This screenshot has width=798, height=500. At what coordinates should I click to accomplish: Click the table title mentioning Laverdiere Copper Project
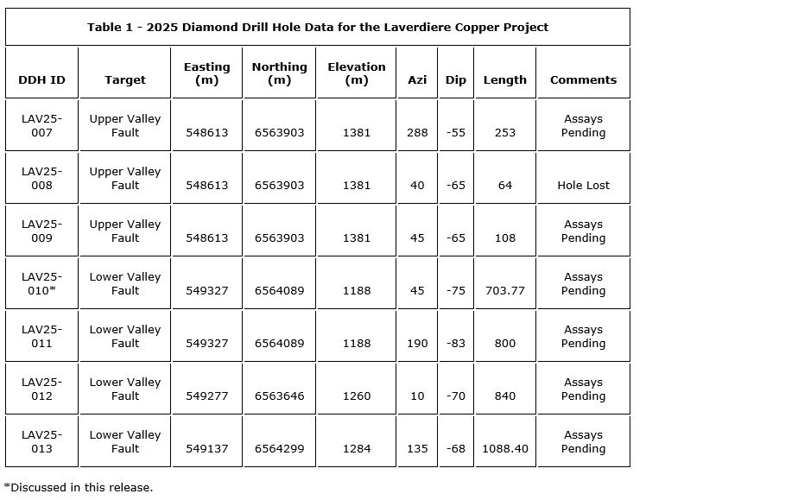[317, 27]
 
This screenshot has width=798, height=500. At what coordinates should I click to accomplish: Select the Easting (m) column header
[206, 73]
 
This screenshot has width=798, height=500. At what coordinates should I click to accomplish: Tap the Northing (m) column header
[279, 73]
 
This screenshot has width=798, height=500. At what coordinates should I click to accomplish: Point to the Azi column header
[417, 79]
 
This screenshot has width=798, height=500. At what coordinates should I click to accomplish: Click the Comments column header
[583, 79]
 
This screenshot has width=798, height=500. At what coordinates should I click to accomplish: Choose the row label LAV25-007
[41, 126]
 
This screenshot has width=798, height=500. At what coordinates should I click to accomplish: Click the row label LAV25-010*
[41, 284]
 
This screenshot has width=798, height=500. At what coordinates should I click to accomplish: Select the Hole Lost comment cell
[583, 186]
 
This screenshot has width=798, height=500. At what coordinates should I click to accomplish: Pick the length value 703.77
[505, 291]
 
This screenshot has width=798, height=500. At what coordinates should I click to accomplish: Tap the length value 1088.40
[505, 449]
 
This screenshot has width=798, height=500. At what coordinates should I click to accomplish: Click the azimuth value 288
[417, 133]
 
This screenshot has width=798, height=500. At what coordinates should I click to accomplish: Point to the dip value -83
[456, 344]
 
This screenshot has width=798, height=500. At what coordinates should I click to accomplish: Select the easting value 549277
[206, 396]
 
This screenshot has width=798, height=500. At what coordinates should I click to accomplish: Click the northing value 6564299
[279, 449]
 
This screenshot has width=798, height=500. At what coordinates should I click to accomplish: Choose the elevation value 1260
[356, 396]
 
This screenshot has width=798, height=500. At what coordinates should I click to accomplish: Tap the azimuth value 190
[417, 344]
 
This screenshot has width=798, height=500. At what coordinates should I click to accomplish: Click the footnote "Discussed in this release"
[79, 487]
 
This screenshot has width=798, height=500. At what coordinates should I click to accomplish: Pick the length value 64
[505, 186]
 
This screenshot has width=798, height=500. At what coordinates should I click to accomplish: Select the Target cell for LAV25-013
[125, 442]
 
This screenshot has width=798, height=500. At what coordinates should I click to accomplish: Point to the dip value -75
[456, 291]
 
